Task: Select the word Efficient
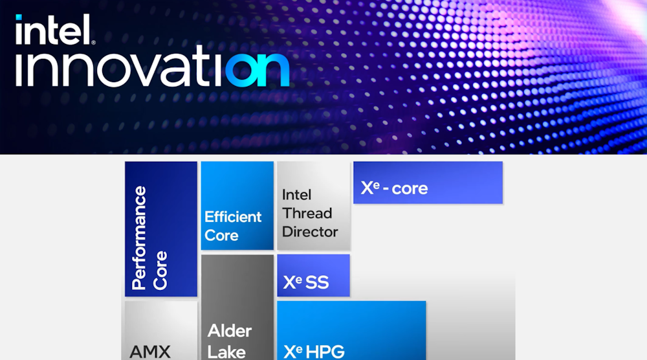pyautogui.click(x=233, y=217)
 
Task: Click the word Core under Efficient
pyautogui.click(x=221, y=235)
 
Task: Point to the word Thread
pyautogui.click(x=307, y=213)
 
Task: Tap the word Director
pyautogui.click(x=310, y=231)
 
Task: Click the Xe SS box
pyautogui.click(x=313, y=276)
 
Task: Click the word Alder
pyautogui.click(x=230, y=332)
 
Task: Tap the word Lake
pyautogui.click(x=226, y=352)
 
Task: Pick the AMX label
pyautogui.click(x=150, y=352)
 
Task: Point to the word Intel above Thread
pyautogui.click(x=296, y=195)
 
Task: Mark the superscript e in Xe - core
pyautogui.click(x=374, y=184)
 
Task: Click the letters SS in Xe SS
pyautogui.click(x=318, y=282)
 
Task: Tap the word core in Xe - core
pyautogui.click(x=410, y=188)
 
